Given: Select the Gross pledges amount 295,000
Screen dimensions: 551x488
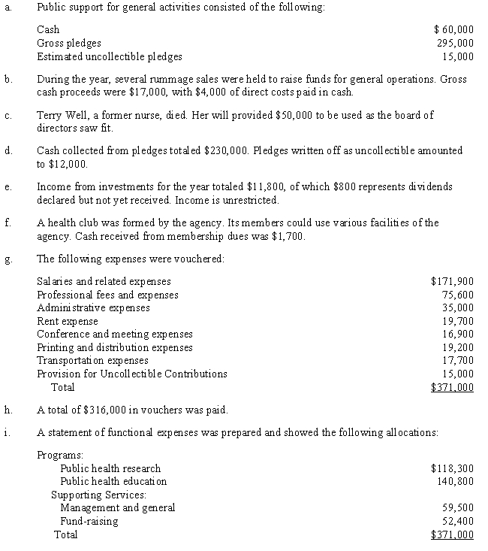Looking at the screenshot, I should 456,43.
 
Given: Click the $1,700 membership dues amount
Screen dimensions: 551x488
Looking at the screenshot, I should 285,235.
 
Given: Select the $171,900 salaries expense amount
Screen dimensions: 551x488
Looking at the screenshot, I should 452,282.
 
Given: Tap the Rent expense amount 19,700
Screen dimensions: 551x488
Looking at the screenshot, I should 458,320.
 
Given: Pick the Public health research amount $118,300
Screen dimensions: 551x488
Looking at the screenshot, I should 452,468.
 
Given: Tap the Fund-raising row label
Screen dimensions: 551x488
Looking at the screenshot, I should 89,521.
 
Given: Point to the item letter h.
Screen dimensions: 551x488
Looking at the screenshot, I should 7,410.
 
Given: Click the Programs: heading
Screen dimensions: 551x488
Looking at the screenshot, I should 59,455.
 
